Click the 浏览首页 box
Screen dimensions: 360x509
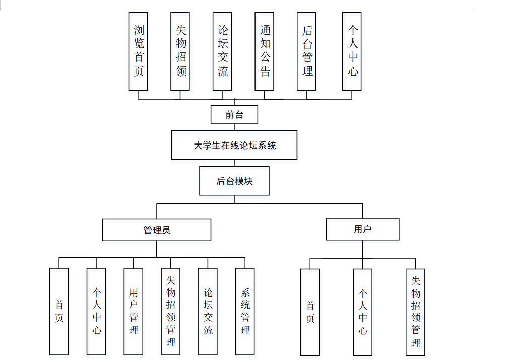tap(138, 51)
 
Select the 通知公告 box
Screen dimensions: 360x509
tap(265, 51)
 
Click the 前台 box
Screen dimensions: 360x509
tap(234, 115)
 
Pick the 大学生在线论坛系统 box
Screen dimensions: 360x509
tap(234, 146)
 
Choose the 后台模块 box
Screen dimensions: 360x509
tap(234, 181)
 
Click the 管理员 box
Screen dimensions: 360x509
tap(157, 230)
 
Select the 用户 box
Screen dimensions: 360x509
tap(362, 229)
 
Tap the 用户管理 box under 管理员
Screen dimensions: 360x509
tap(134, 311)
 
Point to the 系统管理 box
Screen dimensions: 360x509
tap(245, 311)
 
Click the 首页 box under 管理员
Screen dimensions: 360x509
tap(59, 311)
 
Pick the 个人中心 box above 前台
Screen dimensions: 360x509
tap(352, 51)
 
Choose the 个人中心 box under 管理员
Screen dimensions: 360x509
tap(96, 311)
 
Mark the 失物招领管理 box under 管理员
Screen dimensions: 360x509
tap(171, 311)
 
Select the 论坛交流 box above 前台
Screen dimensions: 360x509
tap(223, 51)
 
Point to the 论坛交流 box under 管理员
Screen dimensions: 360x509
tap(208, 311)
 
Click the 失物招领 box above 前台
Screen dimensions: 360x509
tap(180, 51)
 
